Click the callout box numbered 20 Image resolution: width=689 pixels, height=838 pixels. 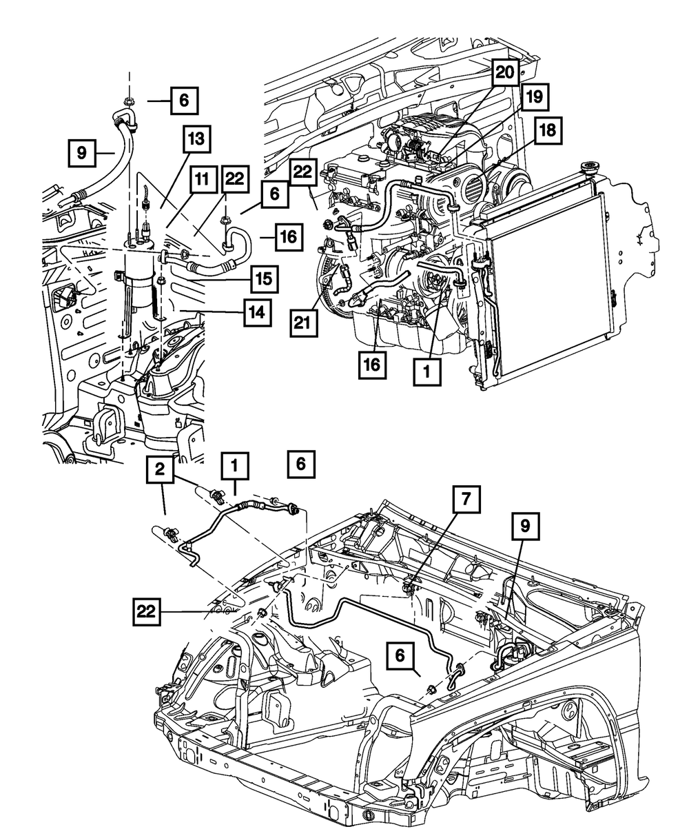[505, 73]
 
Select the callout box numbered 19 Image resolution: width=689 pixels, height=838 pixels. [535, 97]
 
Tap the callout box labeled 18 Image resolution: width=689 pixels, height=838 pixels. [548, 130]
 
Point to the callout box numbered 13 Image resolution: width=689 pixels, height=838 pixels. [196, 139]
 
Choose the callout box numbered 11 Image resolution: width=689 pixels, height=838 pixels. [203, 180]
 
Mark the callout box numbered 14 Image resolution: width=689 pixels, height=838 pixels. [258, 313]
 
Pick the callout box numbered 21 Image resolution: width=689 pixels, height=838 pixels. [304, 323]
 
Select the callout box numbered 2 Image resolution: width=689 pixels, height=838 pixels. [160, 469]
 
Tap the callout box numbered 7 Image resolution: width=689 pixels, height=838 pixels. [466, 499]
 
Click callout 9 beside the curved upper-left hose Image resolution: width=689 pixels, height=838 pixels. [82, 152]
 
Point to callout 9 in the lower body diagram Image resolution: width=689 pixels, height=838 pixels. [525, 527]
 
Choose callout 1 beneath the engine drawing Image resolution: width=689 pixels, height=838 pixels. [427, 372]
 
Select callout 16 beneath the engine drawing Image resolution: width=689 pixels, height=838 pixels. [372, 365]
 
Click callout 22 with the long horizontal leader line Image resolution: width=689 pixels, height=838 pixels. [147, 611]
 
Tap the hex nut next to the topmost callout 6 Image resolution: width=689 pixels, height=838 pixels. [128, 101]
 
